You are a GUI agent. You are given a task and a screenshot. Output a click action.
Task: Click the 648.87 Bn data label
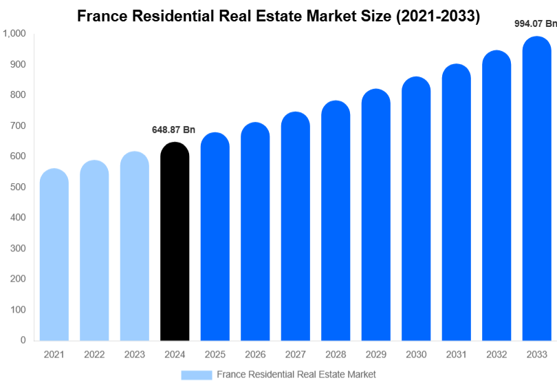coord(173,129)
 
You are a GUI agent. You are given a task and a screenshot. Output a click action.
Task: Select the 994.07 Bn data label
coord(536,23)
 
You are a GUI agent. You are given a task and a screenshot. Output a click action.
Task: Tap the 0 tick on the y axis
coord(23,340)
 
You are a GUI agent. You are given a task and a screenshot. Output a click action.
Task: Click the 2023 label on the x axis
coord(135,355)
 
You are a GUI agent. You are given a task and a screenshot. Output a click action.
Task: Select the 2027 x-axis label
coord(295,355)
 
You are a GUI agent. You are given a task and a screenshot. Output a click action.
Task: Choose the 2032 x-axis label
coord(496,355)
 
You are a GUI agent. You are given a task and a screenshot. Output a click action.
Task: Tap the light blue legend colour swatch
coord(197,375)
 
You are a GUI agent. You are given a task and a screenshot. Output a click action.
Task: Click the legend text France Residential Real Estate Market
coord(296,375)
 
